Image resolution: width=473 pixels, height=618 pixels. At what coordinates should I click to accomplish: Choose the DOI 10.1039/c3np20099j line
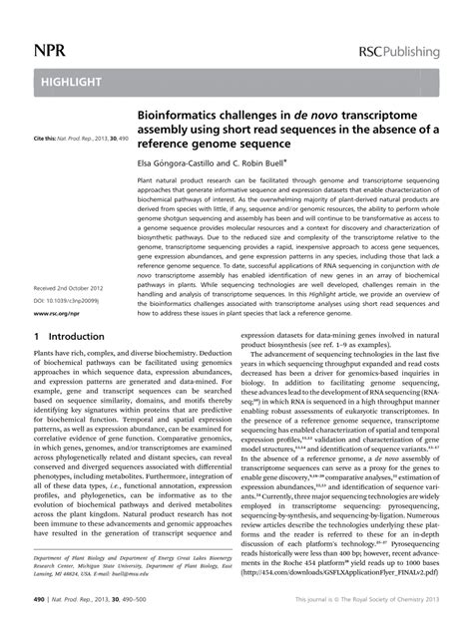point(69,299)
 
